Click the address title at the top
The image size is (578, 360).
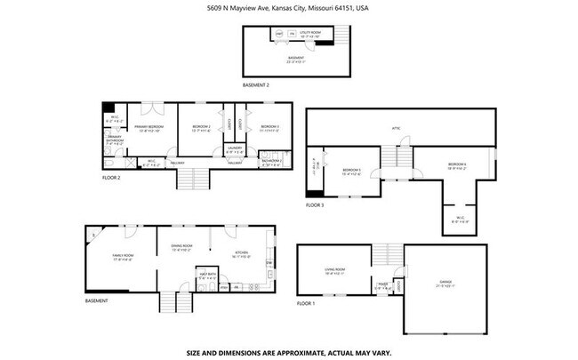[x=288, y=8]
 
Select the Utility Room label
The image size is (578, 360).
[x=310, y=33]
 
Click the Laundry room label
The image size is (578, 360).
[x=235, y=149]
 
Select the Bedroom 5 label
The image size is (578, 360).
[x=352, y=172]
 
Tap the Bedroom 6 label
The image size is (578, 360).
[x=457, y=166]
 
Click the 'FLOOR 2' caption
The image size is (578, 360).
[x=111, y=178]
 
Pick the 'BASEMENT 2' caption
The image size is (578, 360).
[x=256, y=85]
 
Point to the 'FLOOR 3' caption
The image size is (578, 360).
[x=316, y=205]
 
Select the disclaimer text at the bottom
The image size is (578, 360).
[x=288, y=352]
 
